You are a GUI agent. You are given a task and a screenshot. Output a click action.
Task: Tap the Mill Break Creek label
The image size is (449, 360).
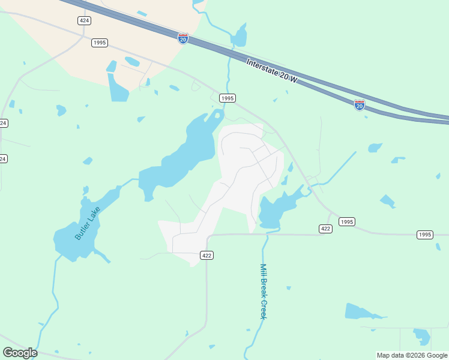pos(262,292)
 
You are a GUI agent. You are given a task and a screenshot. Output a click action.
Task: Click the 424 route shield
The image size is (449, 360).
pos(85,20)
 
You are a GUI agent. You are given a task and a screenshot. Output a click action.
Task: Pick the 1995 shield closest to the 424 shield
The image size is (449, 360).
pos(100,43)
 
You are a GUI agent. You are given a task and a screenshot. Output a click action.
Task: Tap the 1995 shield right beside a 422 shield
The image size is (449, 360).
pos(346,222)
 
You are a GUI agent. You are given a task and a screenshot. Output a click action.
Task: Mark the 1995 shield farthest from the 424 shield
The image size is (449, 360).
pos(424,235)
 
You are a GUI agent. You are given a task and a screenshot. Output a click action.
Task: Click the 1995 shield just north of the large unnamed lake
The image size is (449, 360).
pos(227,98)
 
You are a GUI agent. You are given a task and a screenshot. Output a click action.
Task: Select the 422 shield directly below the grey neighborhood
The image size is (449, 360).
pos(206,255)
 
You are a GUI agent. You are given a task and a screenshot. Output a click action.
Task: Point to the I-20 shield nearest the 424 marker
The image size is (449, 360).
pos(183,38)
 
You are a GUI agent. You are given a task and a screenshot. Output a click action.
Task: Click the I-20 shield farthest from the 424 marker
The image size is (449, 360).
pos(360,105)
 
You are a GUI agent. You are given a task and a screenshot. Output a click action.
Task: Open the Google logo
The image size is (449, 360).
pos(20,353)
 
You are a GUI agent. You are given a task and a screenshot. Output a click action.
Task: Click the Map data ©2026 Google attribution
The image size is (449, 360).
pos(412,355)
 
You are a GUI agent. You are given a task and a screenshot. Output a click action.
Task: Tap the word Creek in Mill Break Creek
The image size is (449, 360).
pos(262,310)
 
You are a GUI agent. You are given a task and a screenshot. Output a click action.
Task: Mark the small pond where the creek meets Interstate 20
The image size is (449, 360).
pos(239,37)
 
